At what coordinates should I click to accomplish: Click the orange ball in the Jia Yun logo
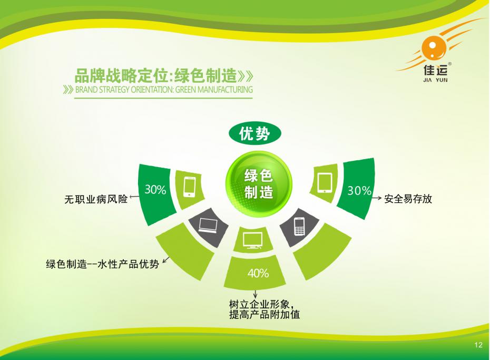tap(434, 48)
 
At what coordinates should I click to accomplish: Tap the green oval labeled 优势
tap(255, 134)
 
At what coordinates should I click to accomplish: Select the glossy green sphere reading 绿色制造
tap(259, 184)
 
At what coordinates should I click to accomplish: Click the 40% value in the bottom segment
tap(258, 273)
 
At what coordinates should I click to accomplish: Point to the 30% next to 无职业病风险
tap(155, 189)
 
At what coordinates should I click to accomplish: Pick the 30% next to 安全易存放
tap(359, 190)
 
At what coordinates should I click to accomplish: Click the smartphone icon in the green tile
tap(189, 187)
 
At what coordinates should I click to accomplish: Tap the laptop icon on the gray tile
tap(208, 225)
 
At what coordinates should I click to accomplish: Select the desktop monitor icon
tap(252, 240)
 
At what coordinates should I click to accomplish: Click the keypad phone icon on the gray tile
tap(299, 226)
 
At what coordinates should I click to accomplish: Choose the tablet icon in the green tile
tap(325, 183)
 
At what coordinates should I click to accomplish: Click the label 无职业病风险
tap(96, 199)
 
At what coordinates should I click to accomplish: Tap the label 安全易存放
tap(408, 198)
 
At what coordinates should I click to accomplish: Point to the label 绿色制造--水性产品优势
tap(103, 264)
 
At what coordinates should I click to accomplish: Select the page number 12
tap(478, 345)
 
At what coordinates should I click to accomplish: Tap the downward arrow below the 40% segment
tap(256, 294)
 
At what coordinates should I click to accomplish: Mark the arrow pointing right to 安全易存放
tap(377, 198)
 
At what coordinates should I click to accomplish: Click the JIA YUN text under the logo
tap(435, 80)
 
